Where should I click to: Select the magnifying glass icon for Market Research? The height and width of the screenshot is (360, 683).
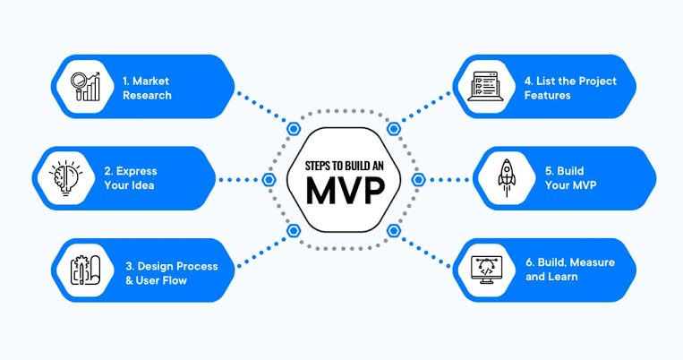(x=86, y=86)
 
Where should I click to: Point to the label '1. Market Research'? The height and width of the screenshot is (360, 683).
(x=148, y=87)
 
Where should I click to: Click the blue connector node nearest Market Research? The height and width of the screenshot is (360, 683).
(x=293, y=128)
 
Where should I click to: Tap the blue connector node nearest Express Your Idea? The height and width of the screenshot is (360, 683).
(x=268, y=179)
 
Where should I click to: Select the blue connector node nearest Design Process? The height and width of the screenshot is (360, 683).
(x=293, y=230)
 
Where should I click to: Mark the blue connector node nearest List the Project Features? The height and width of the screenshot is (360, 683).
(x=392, y=128)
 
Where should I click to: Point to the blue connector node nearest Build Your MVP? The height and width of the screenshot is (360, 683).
(x=417, y=179)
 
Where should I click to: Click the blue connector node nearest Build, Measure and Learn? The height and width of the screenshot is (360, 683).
(x=392, y=230)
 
